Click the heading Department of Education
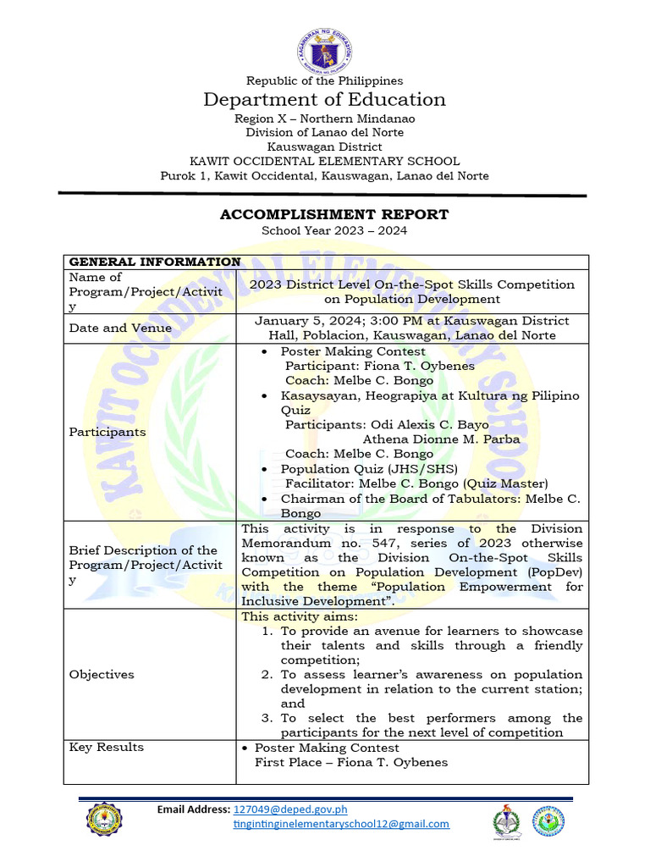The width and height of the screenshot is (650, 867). click(324, 100)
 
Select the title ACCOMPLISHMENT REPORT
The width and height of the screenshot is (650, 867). click(334, 214)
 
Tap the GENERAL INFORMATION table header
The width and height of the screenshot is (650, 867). click(154, 262)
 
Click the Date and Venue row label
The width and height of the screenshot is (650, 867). click(120, 328)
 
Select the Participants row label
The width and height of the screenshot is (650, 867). click(107, 432)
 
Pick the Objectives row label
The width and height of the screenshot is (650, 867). click(102, 674)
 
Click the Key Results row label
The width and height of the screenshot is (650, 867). click(107, 747)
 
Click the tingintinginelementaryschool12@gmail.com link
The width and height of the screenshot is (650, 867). click(341, 824)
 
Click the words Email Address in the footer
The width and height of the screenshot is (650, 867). click(194, 809)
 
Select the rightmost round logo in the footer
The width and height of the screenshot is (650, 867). click(550, 824)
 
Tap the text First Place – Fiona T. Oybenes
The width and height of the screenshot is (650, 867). click(351, 762)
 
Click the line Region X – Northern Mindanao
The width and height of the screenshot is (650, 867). click(324, 119)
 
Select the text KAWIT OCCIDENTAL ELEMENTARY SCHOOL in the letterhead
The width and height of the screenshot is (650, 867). click(324, 161)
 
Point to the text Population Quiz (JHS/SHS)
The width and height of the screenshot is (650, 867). click(369, 468)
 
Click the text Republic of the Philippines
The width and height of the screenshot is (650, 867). click(324, 80)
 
